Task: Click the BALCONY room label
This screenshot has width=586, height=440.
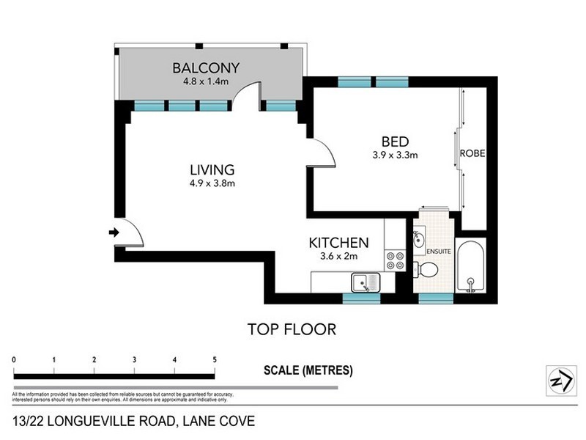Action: pos(206,68)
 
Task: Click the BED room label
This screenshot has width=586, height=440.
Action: pos(394,142)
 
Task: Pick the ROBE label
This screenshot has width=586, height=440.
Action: pos(472,154)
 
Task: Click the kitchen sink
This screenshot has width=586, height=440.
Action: pos(363,282)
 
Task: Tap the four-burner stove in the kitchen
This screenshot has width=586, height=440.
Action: pos(395,260)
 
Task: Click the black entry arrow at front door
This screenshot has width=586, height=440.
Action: pos(113,232)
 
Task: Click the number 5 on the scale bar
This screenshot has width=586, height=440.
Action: pos(214,360)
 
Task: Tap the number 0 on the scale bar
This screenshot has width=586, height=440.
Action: pos(15,360)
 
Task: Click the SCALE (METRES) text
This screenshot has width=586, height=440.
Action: pos(308,370)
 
